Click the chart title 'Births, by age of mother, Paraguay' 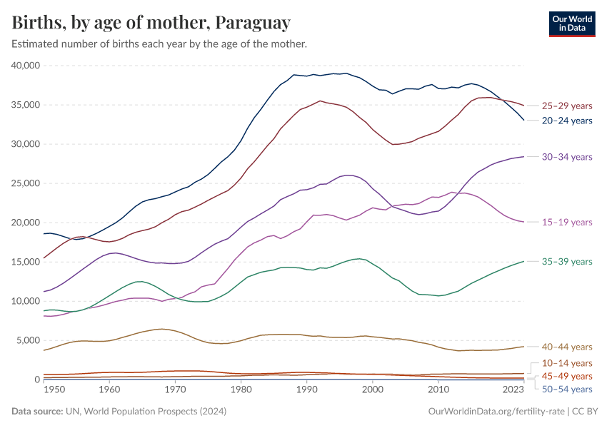point(151,23)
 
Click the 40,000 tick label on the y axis point(26,66)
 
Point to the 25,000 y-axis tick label point(26,183)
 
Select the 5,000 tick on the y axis point(29,340)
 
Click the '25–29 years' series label point(567,106)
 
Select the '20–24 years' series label point(567,121)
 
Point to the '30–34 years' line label point(567,156)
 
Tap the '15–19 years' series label point(567,223)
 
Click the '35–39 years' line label point(567,262)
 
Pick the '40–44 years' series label point(567,347)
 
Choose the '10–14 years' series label point(567,363)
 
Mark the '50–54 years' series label point(567,389)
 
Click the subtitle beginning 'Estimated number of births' point(159,44)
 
